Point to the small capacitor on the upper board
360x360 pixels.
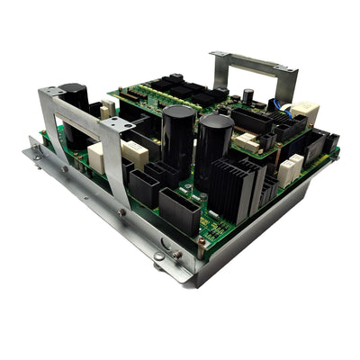[x=247, y=95]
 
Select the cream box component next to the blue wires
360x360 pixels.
[x=305, y=112]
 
